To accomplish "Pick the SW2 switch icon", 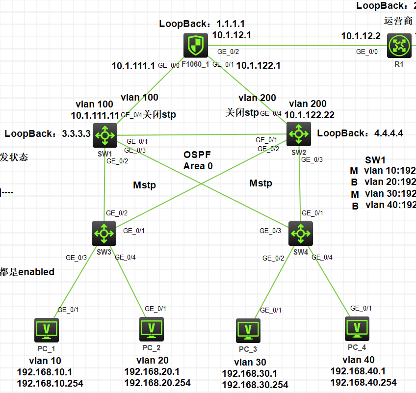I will point(298,132).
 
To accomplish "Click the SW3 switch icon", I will point(104,233).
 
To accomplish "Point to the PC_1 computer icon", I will point(47,330).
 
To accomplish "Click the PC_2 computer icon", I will point(152,329).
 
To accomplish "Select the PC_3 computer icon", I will point(248,331).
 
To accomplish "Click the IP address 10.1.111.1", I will point(133,65).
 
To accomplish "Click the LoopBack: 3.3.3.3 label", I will point(48,133).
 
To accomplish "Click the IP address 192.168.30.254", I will point(255,385).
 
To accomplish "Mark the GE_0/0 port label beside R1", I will point(367,52).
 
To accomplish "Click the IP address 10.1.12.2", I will point(361,36).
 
